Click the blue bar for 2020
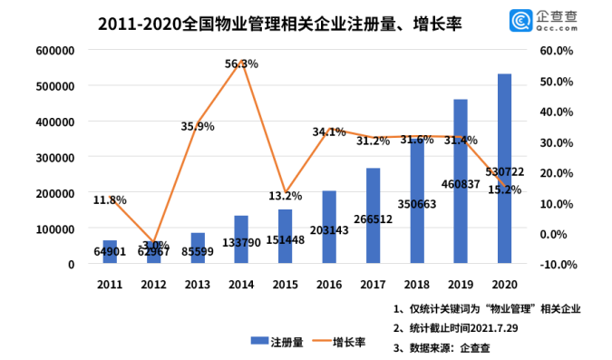pos(504,169)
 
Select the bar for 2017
pos(373,216)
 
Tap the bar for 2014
pos(241,239)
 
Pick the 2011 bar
pos(110,251)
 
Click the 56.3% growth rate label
pos(241,63)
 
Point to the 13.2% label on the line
pos(286,196)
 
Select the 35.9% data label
pos(198,127)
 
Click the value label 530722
pos(505,171)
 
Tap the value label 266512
pos(374,219)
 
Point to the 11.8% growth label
pos(110,199)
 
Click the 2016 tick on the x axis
pos(329,284)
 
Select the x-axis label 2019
pos(461,284)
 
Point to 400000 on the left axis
pos(55,122)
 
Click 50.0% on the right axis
pos(557,82)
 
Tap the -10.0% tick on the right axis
pos(559,265)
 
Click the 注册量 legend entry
pos(277,342)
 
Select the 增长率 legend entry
pos(339,342)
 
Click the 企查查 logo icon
pos(520,21)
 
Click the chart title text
pos(280,24)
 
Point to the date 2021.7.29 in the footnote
pos(494,328)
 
